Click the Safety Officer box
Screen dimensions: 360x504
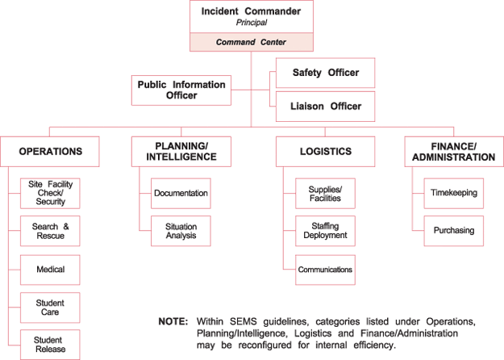325,73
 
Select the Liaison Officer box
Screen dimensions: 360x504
325,106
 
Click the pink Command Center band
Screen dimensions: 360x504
251,42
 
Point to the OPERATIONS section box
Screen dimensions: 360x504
51,151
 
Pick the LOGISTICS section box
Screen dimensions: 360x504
325,151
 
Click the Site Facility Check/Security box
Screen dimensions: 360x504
50,194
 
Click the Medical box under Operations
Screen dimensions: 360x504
50,270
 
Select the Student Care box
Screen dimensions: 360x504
50,307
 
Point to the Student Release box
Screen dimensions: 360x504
50,344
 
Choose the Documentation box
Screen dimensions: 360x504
181,194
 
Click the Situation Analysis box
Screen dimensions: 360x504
181,231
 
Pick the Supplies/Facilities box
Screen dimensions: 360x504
325,194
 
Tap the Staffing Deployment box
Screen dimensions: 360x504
325,231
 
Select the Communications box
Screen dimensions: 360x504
325,270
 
